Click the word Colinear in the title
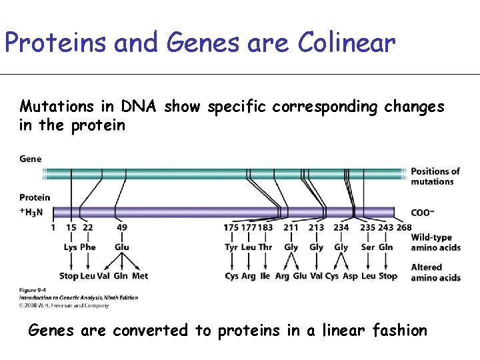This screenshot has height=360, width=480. [347, 43]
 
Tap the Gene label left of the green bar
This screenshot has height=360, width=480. [31, 159]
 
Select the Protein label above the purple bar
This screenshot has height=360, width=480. [35, 197]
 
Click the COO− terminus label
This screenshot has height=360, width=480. [423, 213]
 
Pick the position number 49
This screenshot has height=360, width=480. [121, 227]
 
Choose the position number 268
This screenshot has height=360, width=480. [404, 227]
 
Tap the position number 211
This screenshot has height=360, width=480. [291, 227]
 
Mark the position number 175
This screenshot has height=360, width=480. [231, 227]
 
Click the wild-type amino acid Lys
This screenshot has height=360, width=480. [71, 247]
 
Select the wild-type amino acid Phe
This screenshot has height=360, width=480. [88, 247]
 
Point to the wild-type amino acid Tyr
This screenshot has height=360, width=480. [231, 247]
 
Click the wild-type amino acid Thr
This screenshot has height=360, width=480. [265, 247]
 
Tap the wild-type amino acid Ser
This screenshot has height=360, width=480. [368, 247]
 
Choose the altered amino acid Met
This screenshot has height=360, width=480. [140, 276]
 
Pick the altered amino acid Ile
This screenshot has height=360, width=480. [265, 276]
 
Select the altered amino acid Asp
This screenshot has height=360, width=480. [350, 276]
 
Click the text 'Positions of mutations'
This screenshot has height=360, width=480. [435, 177]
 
